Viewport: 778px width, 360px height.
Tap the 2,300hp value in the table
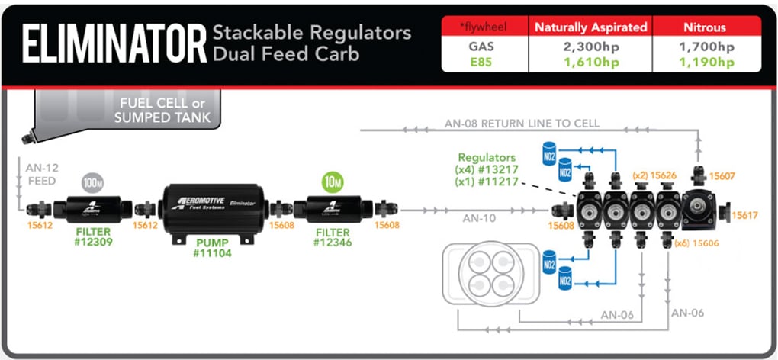pos(590,47)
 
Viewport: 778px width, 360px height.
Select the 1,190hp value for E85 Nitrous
pos(706,63)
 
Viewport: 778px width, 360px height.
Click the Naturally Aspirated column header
pos(590,27)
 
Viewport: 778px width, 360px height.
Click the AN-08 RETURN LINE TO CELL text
pos(522,123)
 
